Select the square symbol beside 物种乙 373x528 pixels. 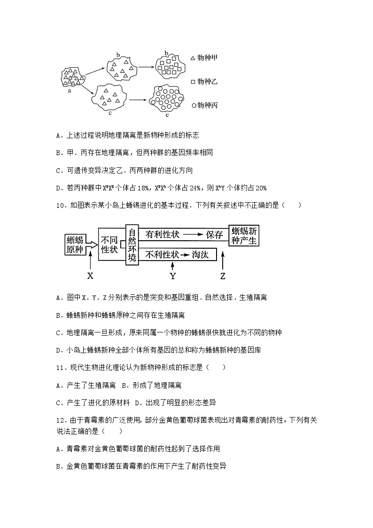[x=193, y=82]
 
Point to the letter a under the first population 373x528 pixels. [x=70, y=91]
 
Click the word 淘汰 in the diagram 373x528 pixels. [x=202, y=255]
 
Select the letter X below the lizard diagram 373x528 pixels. [x=91, y=276]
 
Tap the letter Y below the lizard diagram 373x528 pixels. [x=172, y=276]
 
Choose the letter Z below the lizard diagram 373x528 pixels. [x=223, y=276]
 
